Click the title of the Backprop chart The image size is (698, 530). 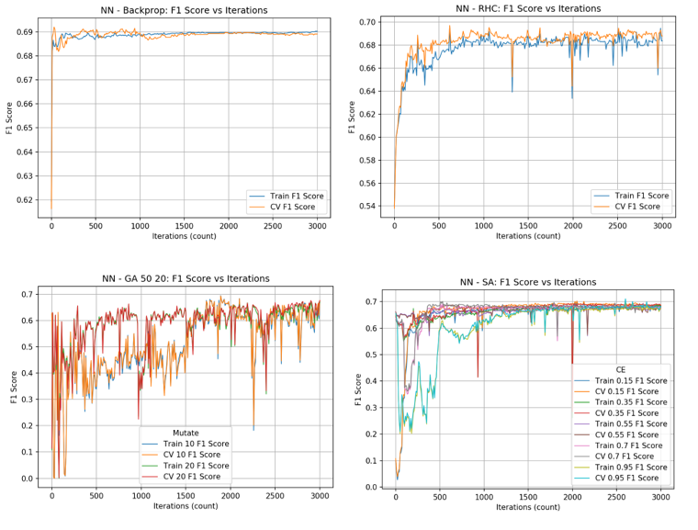[x=184, y=10]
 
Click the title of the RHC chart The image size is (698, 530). [x=528, y=8]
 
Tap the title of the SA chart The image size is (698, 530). [x=528, y=282]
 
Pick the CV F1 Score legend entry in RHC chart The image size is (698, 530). [x=636, y=207]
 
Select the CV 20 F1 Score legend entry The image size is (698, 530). [x=193, y=476]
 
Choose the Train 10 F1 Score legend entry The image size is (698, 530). [x=195, y=444]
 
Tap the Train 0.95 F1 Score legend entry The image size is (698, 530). [x=619, y=468]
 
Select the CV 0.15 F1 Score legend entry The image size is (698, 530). [x=619, y=391]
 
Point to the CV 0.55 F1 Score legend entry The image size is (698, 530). [x=619, y=434]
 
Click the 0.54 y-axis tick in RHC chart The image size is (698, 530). [x=368, y=206]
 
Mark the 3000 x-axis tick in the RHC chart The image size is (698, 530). [x=659, y=226]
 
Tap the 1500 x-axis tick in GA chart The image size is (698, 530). [x=185, y=495]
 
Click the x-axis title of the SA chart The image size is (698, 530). [x=528, y=506]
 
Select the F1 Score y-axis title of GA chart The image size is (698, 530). [x=14, y=387]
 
